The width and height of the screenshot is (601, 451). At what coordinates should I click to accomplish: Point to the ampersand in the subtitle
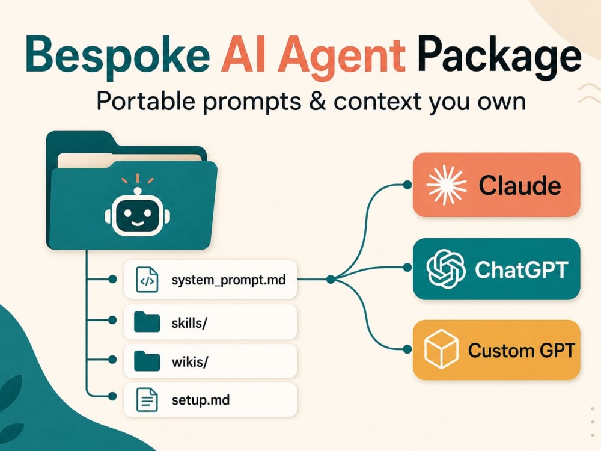pos(317,102)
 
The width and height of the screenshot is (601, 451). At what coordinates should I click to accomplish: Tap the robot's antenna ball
pos(137,191)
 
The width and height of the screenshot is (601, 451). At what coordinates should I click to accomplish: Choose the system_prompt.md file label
pos(228,280)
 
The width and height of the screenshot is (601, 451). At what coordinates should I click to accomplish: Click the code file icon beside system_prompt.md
pos(147,280)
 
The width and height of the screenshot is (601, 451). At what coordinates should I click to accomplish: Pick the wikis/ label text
pos(190,361)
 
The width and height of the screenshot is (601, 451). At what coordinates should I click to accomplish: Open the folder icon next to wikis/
pos(147,361)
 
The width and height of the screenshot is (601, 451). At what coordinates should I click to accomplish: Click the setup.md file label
pos(201,400)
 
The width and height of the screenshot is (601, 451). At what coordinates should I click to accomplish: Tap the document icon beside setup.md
pos(147,400)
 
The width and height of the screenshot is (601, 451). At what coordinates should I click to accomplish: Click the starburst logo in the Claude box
pos(447,185)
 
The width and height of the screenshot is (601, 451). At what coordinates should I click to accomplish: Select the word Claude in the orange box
pos(520,186)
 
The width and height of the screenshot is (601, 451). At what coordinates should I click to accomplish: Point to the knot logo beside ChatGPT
pos(446,269)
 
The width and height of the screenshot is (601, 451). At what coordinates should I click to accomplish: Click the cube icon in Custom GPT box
pos(441,349)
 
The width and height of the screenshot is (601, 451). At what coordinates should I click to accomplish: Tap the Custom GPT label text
pos(521,351)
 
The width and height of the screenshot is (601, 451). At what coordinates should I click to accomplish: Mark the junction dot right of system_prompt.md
pos(331,280)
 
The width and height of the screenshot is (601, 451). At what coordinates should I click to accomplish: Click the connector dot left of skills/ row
pos(112,320)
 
